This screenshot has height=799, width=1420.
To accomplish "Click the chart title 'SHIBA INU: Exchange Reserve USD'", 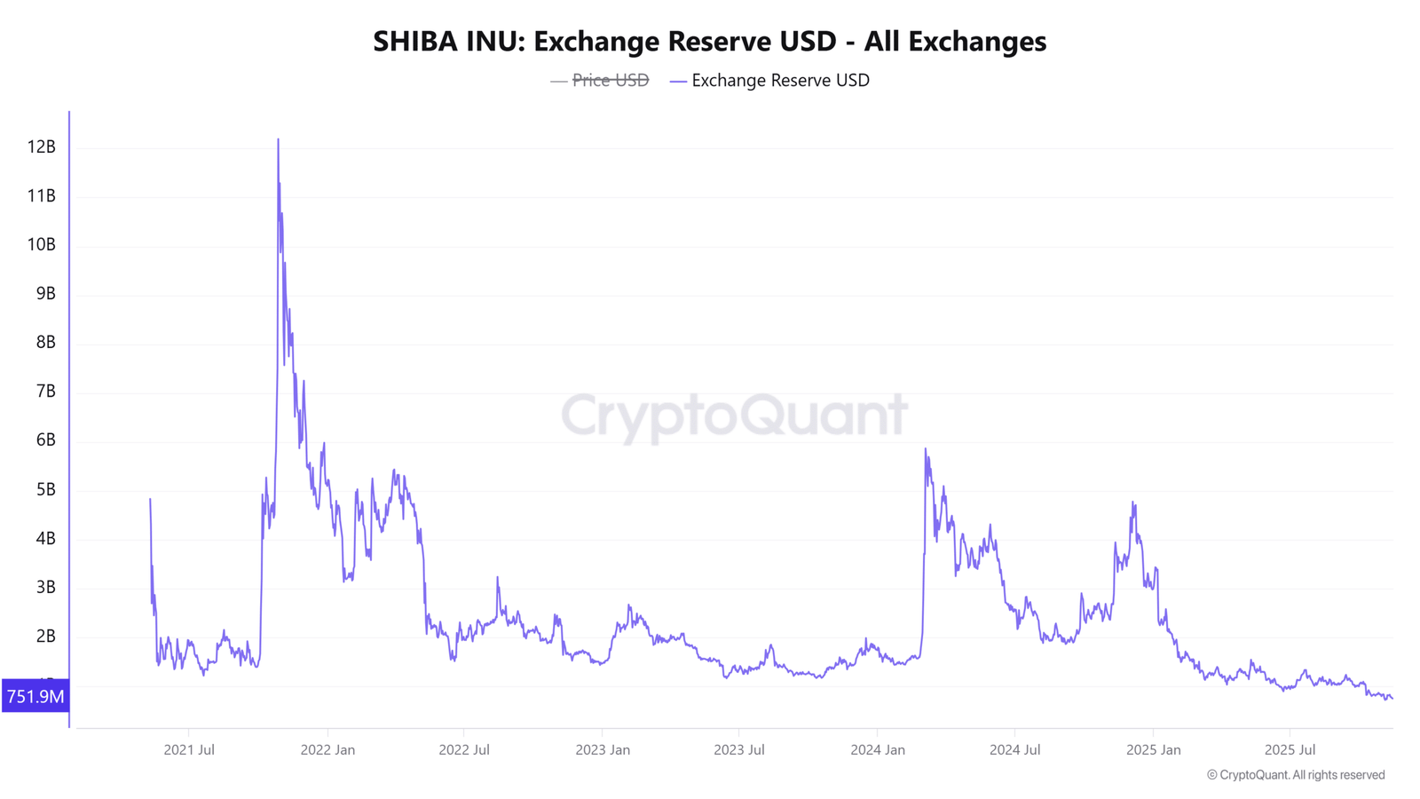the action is coord(604,41).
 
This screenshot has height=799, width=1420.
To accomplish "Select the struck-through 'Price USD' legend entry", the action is coord(600,81).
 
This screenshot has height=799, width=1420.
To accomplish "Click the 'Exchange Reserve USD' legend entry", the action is coord(769,81).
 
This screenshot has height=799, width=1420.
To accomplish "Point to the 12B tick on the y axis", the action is coord(41,147).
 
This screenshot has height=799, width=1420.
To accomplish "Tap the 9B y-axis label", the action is coord(45,294).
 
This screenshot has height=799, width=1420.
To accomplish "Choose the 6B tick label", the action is coord(45,440).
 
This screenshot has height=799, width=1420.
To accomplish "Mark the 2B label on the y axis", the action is coord(45,636).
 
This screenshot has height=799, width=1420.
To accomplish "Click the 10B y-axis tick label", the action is coord(41,245).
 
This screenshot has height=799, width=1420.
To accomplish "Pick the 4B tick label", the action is coord(45,538).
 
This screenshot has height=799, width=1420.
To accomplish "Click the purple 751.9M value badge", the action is coord(35,696).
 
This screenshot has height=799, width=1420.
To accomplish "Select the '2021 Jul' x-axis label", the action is coord(189,750).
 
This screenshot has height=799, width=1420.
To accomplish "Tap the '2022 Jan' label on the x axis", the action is coord(327,750).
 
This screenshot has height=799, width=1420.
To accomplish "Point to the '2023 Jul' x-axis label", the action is coord(739,750).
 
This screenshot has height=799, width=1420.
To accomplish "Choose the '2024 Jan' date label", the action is coord(878,750).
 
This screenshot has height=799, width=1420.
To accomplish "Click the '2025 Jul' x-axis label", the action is coord(1290,750).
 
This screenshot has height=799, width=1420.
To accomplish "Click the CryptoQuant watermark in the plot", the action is coord(735,416).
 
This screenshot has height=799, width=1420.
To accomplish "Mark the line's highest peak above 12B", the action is coord(279,138).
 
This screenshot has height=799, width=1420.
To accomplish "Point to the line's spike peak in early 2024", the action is coord(926,449).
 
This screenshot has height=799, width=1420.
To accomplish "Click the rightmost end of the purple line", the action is coord(1392,699).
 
